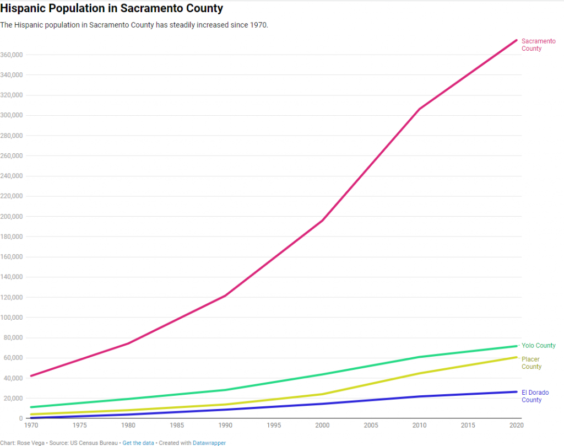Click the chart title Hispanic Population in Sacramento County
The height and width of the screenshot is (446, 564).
(x=112, y=9)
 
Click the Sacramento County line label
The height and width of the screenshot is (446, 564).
(x=538, y=45)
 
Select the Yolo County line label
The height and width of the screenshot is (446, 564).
(x=538, y=346)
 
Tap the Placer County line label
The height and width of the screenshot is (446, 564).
(x=532, y=363)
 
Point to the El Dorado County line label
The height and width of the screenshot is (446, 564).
(x=535, y=396)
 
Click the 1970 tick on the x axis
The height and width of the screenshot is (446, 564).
(x=32, y=425)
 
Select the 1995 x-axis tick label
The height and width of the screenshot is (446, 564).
(x=274, y=425)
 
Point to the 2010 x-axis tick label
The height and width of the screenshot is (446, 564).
(x=419, y=425)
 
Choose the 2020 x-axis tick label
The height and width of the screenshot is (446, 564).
(x=516, y=425)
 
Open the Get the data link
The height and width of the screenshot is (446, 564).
(x=138, y=443)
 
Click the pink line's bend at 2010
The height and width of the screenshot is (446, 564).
(x=419, y=109)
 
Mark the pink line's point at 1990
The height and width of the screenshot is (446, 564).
(x=225, y=296)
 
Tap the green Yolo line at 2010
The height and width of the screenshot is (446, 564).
(x=419, y=357)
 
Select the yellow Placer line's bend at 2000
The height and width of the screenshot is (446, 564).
(x=322, y=394)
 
